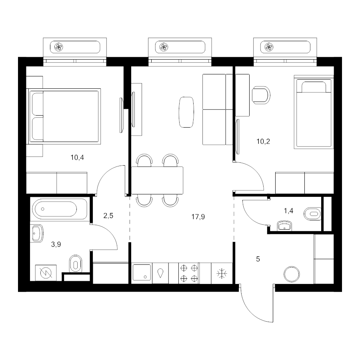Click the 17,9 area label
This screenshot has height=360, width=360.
(x=198, y=216)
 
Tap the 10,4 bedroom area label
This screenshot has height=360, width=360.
(x=77, y=158)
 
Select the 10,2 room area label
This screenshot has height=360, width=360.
(x=263, y=142)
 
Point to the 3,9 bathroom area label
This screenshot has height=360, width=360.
(x=56, y=244)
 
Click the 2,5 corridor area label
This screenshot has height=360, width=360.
(x=108, y=216)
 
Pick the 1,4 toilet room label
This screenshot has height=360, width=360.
(x=288, y=211)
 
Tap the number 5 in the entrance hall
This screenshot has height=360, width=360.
(x=258, y=259)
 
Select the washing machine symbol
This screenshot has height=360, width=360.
(x=46, y=273)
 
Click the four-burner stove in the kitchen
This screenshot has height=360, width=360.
(x=189, y=273)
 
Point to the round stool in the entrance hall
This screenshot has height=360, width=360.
(x=292, y=274)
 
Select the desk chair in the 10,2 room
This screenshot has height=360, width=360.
(x=261, y=95)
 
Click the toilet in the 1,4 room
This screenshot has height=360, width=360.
(x=312, y=214)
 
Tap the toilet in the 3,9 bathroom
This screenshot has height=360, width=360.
(x=76, y=264)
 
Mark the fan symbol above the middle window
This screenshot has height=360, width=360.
(x=164, y=47)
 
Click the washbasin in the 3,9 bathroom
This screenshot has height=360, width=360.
(x=37, y=234)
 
